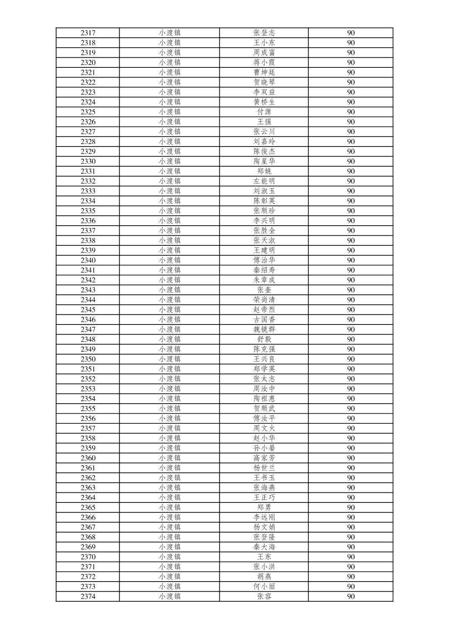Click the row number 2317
tap(88, 33)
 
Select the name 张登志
tap(264, 33)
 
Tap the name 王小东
tap(264, 43)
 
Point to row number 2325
tap(88, 112)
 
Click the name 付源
tap(264, 112)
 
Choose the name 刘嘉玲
tap(264, 142)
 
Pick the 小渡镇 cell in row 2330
tap(170, 162)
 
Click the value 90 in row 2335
tap(351, 211)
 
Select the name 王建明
tap(264, 250)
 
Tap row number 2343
tap(88, 290)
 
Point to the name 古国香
tap(264, 320)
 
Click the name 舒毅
tap(264, 340)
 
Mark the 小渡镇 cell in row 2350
tap(170, 359)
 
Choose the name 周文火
tap(264, 428)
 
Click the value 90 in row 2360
tap(351, 458)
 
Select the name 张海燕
tap(264, 488)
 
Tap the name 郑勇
tap(264, 507)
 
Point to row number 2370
tap(88, 557)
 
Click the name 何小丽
tap(264, 587)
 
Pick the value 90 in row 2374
tap(351, 597)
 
